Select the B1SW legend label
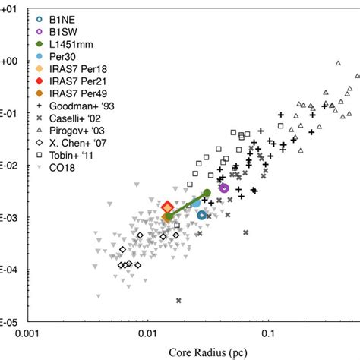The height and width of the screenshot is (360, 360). [66, 33]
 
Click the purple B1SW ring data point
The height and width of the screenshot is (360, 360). [224, 188]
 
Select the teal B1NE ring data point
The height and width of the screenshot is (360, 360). [202, 215]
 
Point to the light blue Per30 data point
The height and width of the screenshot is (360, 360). [196, 202]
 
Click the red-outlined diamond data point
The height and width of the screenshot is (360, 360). [168, 207]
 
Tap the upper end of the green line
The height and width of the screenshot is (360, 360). [207, 193]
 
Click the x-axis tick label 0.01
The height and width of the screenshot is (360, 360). [147, 333]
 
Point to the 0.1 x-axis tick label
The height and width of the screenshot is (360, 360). [268, 333]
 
